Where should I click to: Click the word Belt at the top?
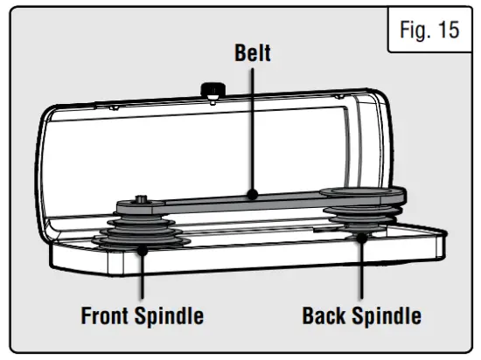point(252,53)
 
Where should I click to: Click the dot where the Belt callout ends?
point(252,195)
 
